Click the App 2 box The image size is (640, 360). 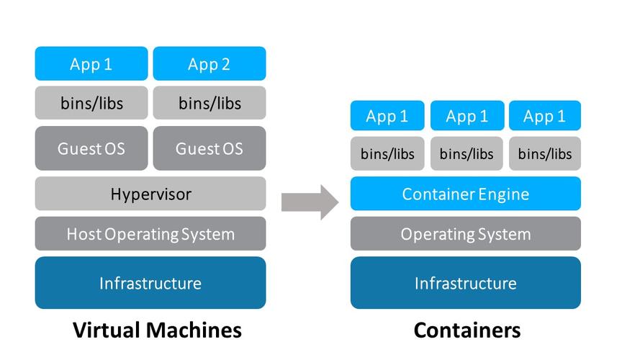pos(209,64)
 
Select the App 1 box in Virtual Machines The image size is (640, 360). pos(91,64)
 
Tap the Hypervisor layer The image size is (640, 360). pos(150,194)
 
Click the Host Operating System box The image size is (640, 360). pos(150,234)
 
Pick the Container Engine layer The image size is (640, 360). pos(465,194)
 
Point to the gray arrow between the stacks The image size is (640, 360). pos(309,201)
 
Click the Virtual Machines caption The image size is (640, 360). pos(157,330)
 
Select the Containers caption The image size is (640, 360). pos(467,330)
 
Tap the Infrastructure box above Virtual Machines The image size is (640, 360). pos(150,283)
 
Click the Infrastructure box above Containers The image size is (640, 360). pos(465,283)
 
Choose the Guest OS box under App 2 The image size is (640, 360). pos(209,148)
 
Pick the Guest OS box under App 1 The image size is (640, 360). pos(91,148)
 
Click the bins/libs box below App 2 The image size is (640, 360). pos(209,103)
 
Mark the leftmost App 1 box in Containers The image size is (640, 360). pos(387,116)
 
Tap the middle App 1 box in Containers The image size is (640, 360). pos(467,116)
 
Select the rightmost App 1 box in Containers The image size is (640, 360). pos(544,116)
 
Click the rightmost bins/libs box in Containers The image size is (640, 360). pos(544,153)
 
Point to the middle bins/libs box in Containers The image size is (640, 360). pos(467,153)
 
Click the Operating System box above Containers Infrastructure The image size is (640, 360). pos(465,234)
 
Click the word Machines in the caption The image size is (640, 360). pos(195,330)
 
